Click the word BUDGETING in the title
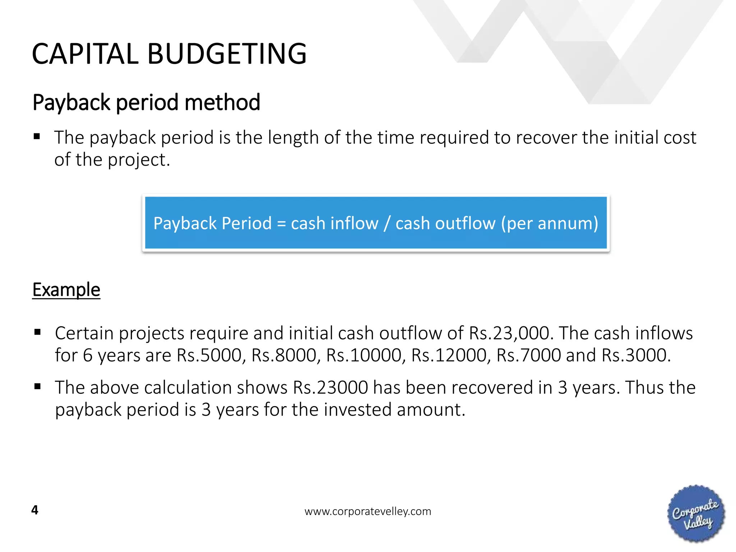[227, 54]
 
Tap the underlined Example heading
[66, 290]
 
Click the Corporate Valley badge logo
[696, 514]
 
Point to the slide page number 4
[35, 510]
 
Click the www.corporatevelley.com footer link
[368, 511]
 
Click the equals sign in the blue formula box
[281, 224]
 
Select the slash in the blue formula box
[387, 224]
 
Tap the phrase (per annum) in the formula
[549, 224]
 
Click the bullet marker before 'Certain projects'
[37, 332]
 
